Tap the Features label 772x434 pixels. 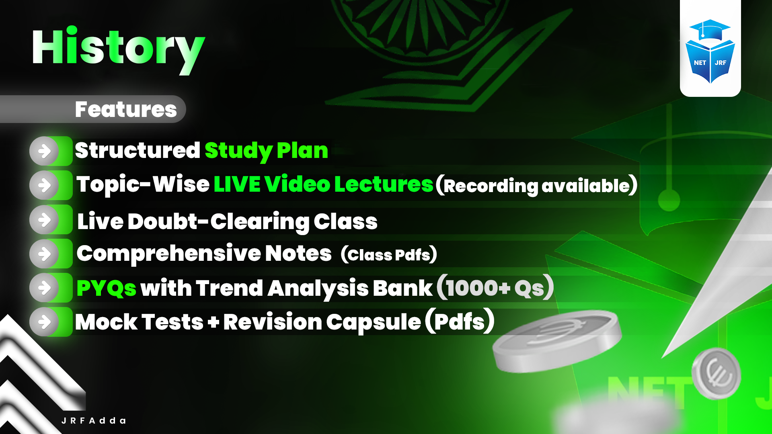click(125, 109)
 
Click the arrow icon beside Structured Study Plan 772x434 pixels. click(45, 151)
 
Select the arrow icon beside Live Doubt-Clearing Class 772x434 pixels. click(45, 220)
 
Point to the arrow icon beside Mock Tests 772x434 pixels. click(45, 322)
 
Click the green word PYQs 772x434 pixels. click(106, 288)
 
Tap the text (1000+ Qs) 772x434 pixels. click(495, 288)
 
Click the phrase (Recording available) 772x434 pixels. click(536, 185)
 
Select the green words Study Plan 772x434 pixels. click(266, 151)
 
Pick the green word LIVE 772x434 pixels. click(237, 184)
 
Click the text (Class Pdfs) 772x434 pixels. click(388, 254)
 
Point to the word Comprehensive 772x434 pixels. click(168, 254)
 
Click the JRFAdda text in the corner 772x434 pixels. click(94, 421)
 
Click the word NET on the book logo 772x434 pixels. click(700, 63)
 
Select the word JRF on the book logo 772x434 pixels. click(721, 63)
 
